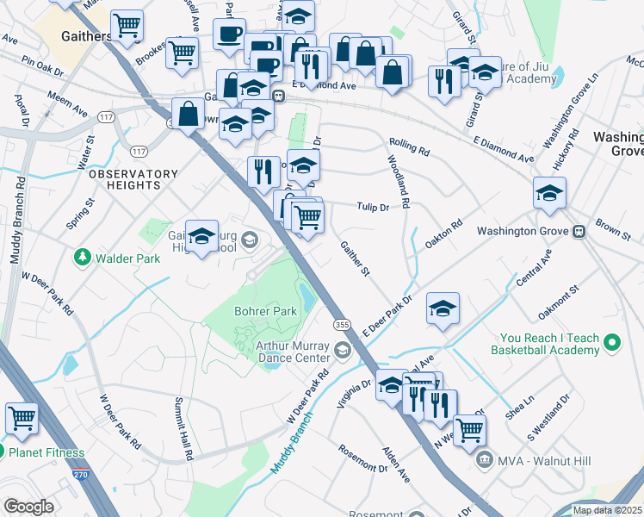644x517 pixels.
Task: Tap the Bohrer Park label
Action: (266, 310)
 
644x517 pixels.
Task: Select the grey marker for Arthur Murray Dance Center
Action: (343, 350)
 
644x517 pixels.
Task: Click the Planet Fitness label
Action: (46, 452)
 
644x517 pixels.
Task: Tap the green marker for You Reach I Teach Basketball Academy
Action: (612, 344)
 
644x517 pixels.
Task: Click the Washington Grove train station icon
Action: (579, 231)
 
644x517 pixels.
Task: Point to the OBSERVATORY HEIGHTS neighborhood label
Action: (133, 179)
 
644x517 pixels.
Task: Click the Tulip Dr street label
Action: (373, 207)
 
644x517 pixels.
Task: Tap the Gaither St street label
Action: (355, 259)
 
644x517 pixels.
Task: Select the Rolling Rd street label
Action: (409, 146)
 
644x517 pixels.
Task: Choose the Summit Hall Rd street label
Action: (186, 427)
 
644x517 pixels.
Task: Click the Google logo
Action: (28, 507)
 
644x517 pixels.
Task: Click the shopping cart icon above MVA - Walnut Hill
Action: (469, 427)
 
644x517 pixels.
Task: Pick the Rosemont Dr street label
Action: (362, 458)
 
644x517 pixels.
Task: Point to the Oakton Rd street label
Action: (444, 235)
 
